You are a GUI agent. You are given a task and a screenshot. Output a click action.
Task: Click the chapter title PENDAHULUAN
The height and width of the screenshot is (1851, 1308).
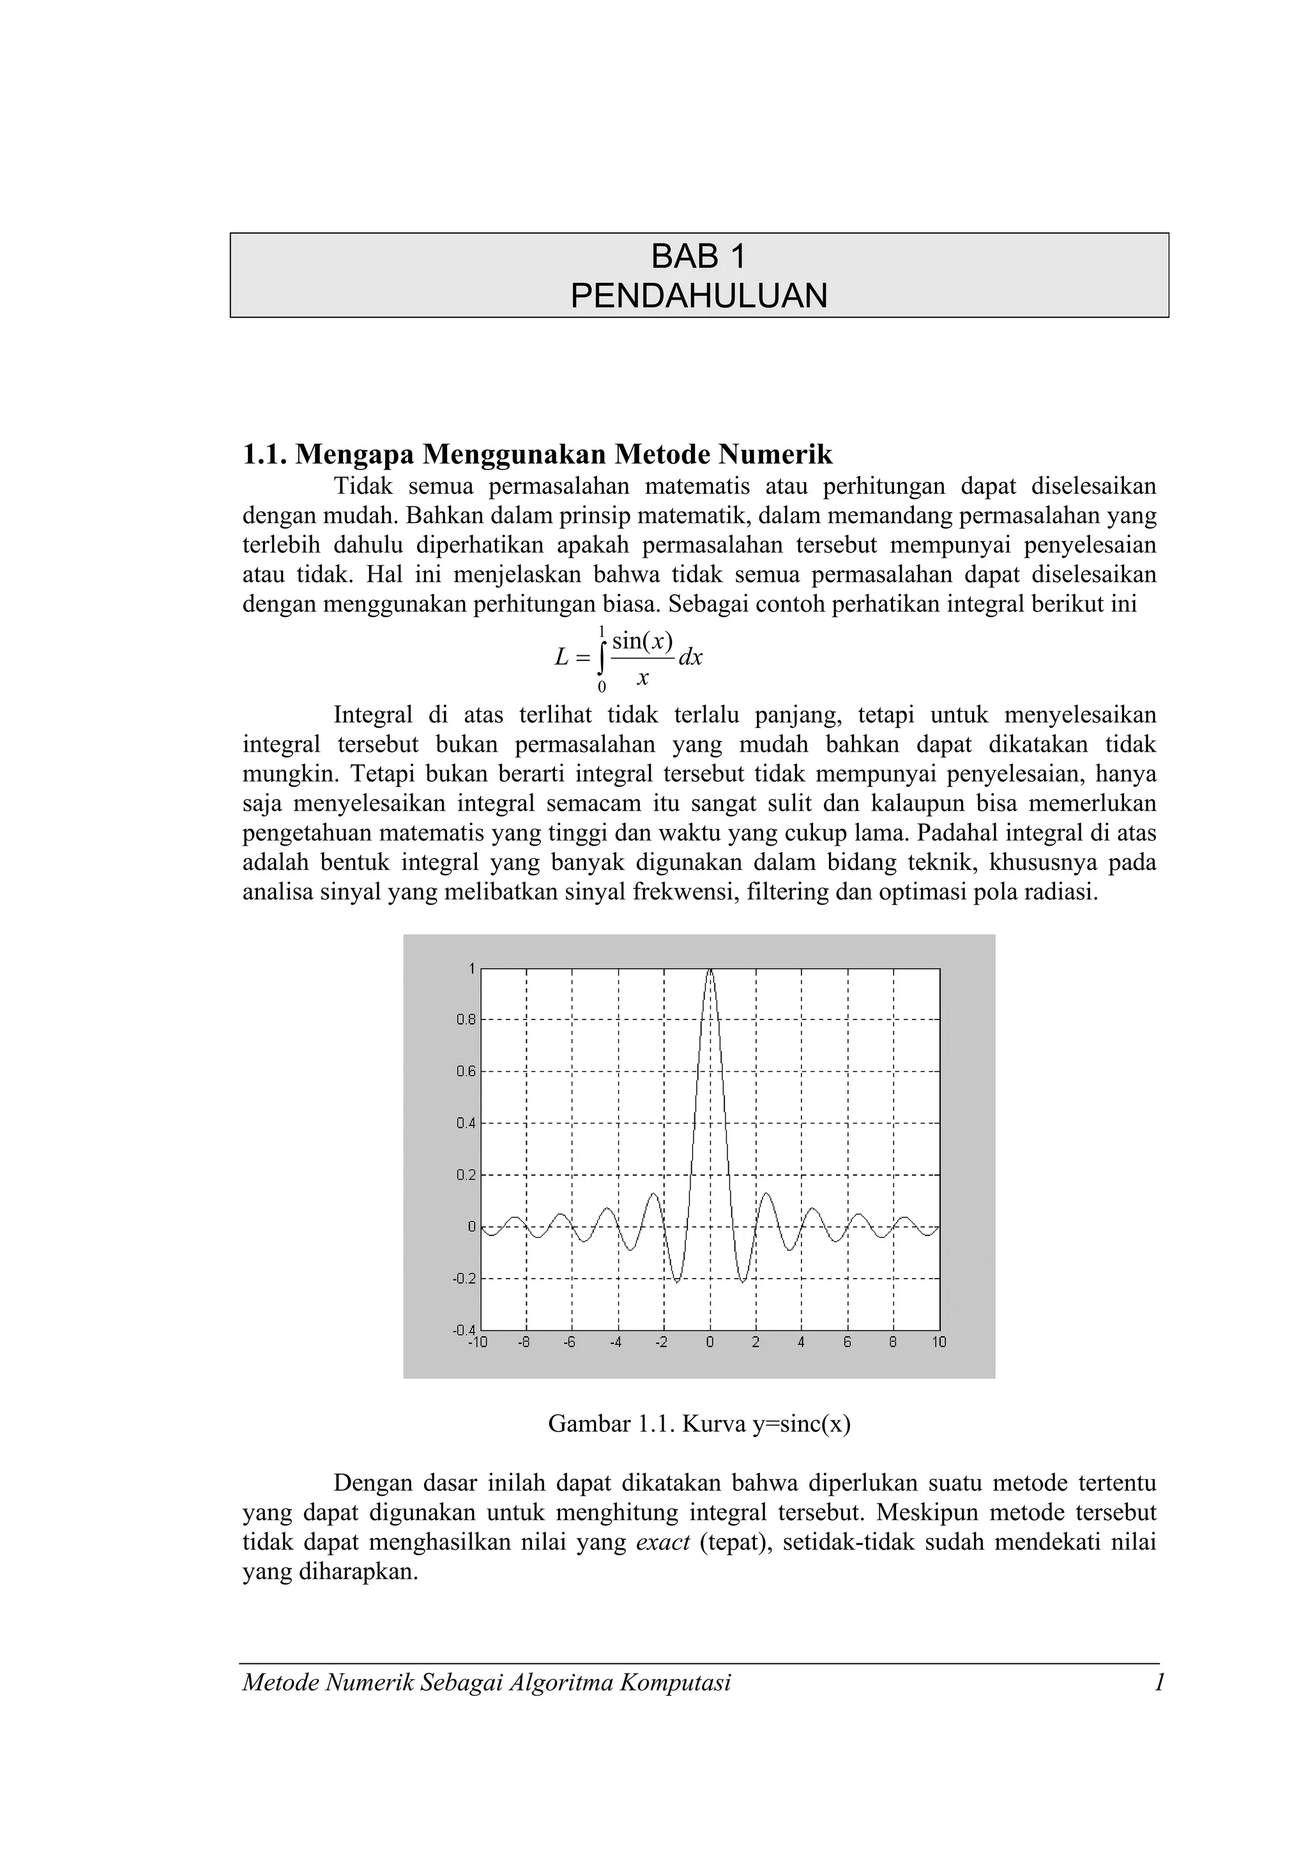[699, 296]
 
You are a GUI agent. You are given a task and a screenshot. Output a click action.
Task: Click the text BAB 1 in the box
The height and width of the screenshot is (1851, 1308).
[699, 257]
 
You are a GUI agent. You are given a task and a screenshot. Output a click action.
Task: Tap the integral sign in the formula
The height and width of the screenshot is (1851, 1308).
[601, 658]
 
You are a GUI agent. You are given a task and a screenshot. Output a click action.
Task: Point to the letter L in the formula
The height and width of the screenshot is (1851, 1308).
[562, 658]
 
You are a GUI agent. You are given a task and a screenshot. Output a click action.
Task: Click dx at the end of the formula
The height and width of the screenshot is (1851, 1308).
[690, 658]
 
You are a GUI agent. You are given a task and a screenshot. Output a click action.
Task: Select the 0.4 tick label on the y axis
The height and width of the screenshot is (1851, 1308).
[466, 1123]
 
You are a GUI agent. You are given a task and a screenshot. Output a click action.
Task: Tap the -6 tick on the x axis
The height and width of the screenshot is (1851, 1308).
[570, 1343]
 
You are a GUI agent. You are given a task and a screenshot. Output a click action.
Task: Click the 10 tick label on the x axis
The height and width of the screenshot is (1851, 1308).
[939, 1343]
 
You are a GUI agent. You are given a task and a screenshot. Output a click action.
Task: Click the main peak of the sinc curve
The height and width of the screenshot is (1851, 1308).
[710, 971]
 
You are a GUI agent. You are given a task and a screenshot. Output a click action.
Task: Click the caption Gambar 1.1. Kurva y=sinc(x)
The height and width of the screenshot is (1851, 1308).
[699, 1424]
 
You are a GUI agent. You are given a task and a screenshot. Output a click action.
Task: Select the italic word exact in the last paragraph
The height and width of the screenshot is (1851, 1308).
[662, 1542]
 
